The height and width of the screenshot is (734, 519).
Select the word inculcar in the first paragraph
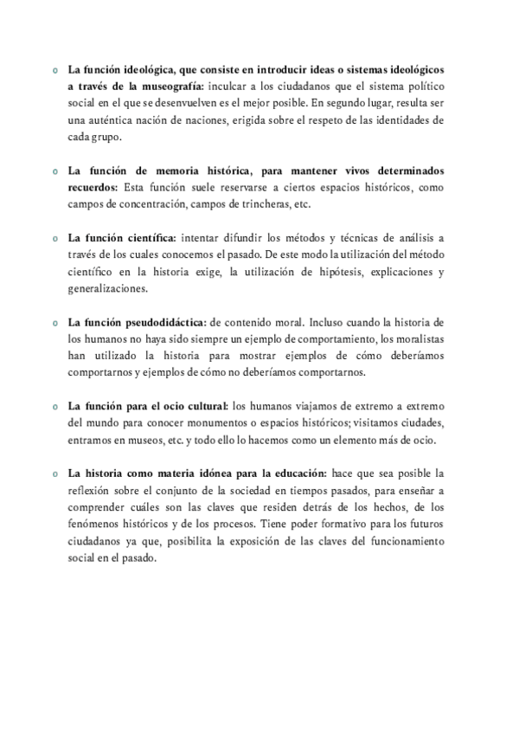click(x=232, y=87)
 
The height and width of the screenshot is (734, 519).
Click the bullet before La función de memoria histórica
click(x=54, y=171)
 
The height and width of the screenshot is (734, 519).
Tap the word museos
click(x=148, y=439)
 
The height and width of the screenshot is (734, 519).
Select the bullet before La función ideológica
click(x=54, y=70)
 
